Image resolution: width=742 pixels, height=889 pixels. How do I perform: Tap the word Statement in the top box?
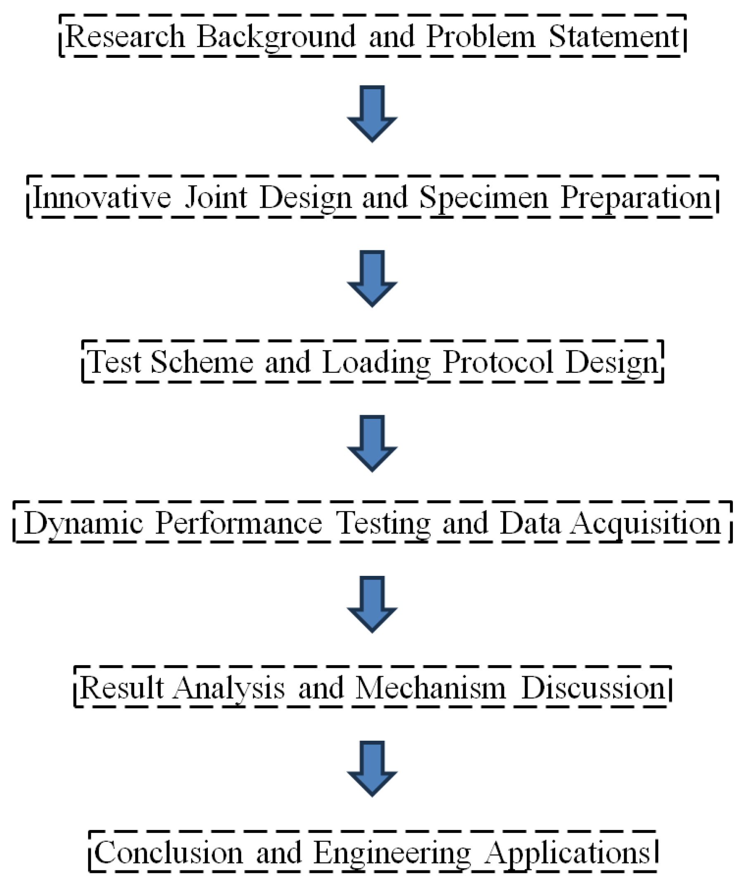[614, 36]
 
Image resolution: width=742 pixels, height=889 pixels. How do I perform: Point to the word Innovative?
[102, 197]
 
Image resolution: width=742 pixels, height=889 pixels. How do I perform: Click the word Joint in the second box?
[216, 197]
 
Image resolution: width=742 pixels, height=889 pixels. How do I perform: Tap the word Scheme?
[202, 362]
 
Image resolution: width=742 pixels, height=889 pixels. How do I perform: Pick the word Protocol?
[498, 363]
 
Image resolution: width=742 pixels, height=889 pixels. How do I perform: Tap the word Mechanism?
[430, 688]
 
